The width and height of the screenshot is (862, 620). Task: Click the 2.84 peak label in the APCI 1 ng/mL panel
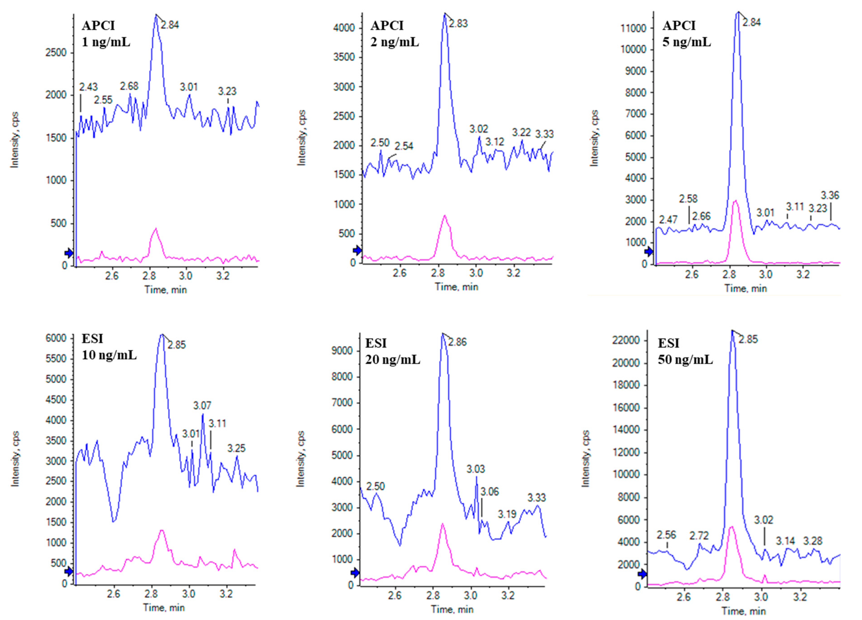click(x=169, y=25)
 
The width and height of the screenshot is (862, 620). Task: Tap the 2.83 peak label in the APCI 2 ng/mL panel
click(x=458, y=24)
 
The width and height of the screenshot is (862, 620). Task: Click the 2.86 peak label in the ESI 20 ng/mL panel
click(x=457, y=342)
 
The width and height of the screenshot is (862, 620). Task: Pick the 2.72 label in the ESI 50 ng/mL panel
click(x=699, y=536)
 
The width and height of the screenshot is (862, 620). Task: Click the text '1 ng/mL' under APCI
click(x=106, y=42)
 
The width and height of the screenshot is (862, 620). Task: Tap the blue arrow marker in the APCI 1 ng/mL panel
click(x=69, y=253)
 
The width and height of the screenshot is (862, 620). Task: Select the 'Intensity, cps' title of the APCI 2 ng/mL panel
click(x=301, y=138)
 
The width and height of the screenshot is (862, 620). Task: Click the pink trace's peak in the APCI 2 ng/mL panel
click(x=445, y=216)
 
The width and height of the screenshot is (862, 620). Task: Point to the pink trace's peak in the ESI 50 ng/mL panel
click(x=731, y=527)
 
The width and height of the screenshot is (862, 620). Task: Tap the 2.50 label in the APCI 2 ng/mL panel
click(x=380, y=143)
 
